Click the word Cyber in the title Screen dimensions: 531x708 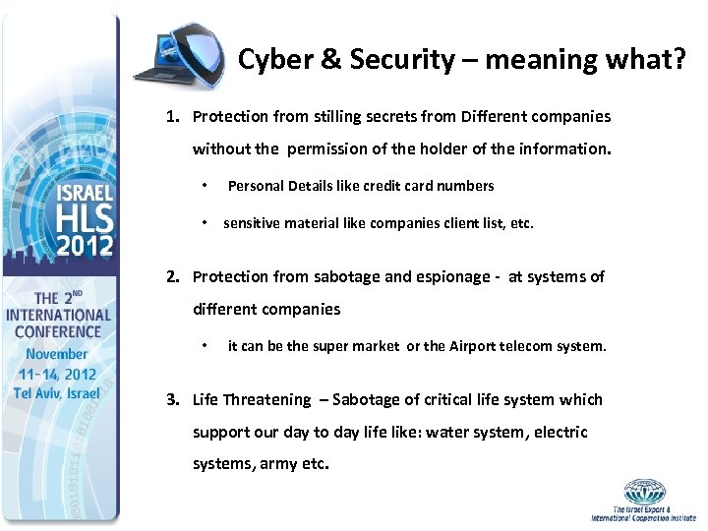(x=272, y=60)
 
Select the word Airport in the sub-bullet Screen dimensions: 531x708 (x=476, y=346)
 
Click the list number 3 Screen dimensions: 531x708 (x=173, y=400)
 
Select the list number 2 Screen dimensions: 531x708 (x=173, y=277)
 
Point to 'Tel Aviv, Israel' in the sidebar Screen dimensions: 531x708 (x=57, y=393)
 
